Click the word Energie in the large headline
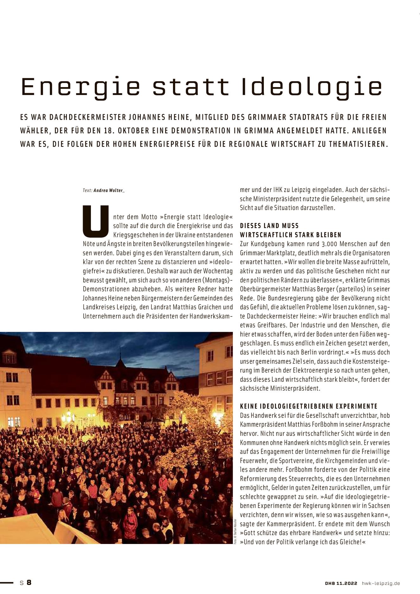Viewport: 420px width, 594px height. pos(80,87)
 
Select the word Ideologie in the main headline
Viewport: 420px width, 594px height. pos(312,87)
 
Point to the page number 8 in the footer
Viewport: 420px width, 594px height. pos(29,583)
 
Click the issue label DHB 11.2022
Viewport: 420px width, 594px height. pos(341,583)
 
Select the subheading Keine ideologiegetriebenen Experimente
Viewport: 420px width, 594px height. pos(309,406)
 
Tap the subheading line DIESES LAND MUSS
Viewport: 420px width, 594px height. pos(269,226)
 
